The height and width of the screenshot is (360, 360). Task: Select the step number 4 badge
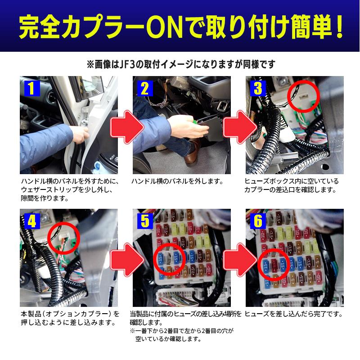point(31,220)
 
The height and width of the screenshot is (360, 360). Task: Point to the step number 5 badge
point(144,220)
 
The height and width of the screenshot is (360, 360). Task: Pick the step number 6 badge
point(257,220)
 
